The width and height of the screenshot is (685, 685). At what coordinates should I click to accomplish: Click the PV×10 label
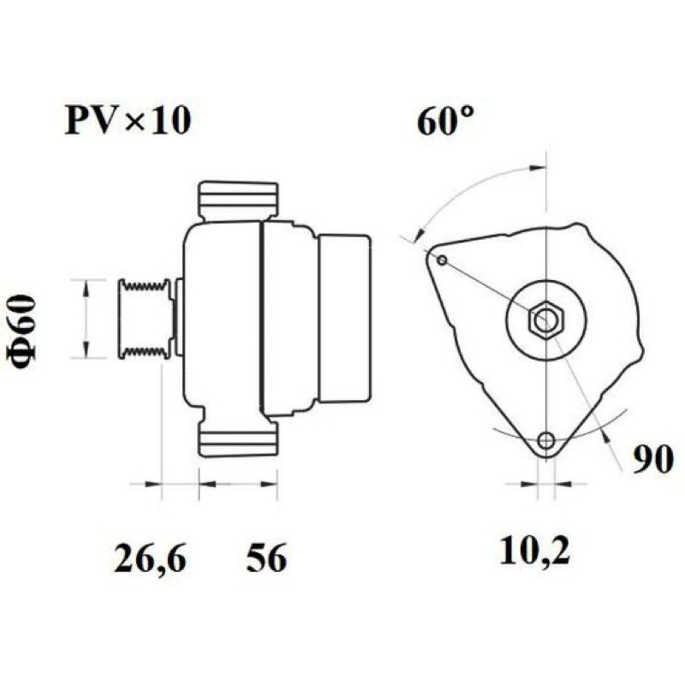click(x=128, y=121)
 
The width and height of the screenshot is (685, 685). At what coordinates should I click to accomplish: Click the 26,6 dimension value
click(x=151, y=558)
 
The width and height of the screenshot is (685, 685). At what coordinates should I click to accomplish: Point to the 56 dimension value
click(x=266, y=558)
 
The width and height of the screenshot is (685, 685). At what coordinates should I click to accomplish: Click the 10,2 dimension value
click(x=534, y=551)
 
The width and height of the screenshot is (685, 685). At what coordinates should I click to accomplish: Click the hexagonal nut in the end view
click(x=546, y=319)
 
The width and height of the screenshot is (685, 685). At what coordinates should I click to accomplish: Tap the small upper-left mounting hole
click(x=442, y=261)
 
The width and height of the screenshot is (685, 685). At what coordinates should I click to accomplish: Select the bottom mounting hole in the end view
click(x=546, y=440)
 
